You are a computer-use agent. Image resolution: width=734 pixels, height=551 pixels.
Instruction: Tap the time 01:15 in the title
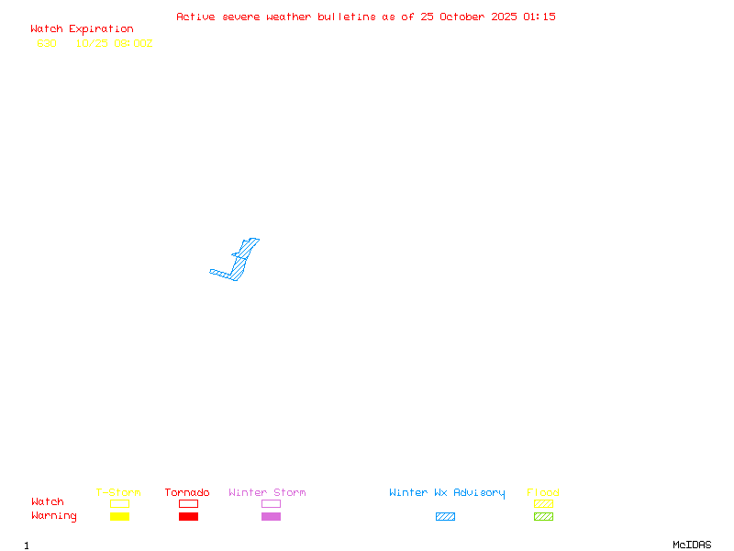539,17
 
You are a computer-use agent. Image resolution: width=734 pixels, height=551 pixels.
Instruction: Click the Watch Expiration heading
82,29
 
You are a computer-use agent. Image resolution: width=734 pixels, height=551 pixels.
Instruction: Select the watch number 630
47,43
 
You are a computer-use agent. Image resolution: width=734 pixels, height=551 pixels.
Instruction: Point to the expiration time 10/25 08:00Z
115,43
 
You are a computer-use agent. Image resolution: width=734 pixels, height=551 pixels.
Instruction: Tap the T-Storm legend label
118,493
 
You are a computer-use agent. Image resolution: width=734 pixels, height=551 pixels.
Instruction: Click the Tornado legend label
187,493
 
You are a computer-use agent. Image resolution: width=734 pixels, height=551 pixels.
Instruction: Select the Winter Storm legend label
267,493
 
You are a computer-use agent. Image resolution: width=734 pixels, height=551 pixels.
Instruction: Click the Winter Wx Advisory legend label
447,493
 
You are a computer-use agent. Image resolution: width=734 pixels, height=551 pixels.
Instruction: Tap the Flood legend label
543,493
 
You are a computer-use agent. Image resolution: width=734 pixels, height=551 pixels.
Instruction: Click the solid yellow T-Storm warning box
119,517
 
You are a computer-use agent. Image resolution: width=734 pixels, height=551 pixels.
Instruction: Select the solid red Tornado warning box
188,517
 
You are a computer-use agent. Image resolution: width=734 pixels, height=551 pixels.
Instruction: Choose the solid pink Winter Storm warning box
271,517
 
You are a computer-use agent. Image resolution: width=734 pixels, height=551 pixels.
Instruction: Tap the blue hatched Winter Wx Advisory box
445,517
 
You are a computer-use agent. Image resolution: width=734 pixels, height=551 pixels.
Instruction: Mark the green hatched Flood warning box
543,517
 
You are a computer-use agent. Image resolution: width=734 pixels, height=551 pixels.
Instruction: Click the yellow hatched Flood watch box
543,504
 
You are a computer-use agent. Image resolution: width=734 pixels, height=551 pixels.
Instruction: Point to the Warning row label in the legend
54,516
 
